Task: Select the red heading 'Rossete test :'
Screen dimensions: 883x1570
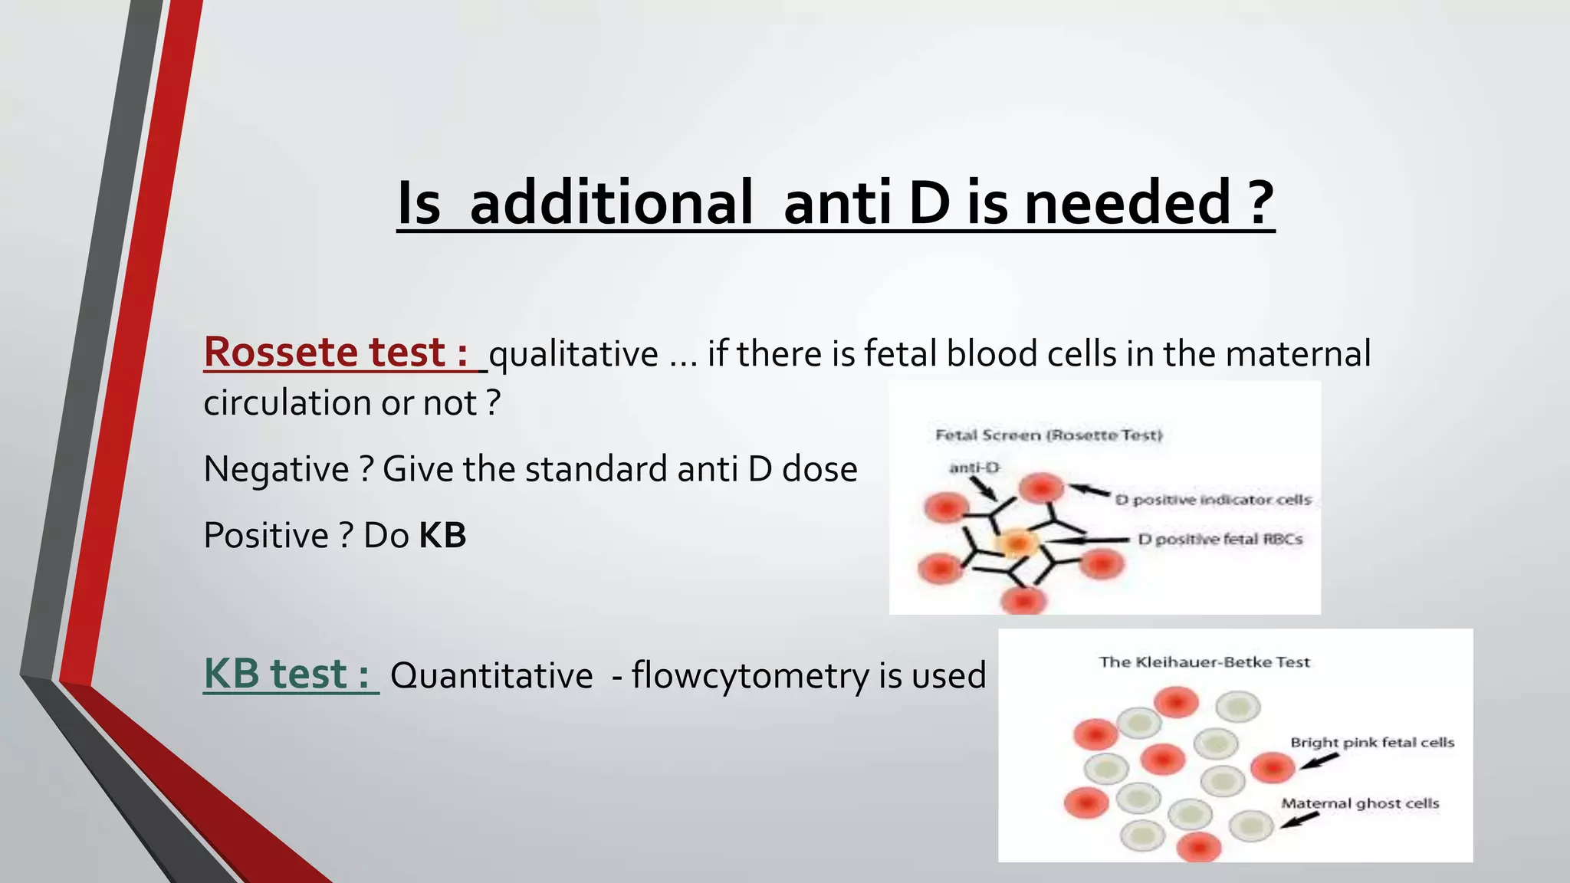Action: pyautogui.click(x=336, y=353)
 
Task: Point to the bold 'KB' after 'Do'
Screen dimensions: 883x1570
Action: pyautogui.click(x=443, y=535)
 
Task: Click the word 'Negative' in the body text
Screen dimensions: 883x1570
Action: pyautogui.click(x=276, y=469)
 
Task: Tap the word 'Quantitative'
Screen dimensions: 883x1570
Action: pyautogui.click(x=491, y=676)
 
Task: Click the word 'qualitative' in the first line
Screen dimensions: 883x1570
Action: pyautogui.click(x=573, y=354)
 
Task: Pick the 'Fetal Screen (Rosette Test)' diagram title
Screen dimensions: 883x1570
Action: pyautogui.click(x=1049, y=435)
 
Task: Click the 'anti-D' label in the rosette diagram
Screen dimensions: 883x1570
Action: pyautogui.click(x=974, y=468)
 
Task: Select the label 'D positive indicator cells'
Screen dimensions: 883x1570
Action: pyautogui.click(x=1213, y=500)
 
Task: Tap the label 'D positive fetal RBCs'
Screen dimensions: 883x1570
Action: pyautogui.click(x=1220, y=539)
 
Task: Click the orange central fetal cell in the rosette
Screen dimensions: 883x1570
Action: pyautogui.click(x=1017, y=543)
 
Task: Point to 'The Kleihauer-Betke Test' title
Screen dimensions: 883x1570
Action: pyautogui.click(x=1204, y=662)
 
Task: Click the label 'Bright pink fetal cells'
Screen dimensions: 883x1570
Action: pyautogui.click(x=1372, y=742)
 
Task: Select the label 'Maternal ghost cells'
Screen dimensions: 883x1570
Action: pyautogui.click(x=1360, y=803)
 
